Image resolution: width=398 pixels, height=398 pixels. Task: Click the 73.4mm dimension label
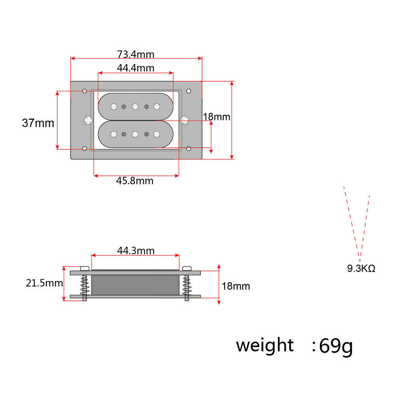(x=136, y=54)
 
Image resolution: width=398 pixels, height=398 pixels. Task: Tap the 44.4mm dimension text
(x=136, y=68)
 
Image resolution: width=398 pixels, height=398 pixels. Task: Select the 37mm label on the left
(x=38, y=123)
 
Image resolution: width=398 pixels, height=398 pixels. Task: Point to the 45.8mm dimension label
(x=135, y=181)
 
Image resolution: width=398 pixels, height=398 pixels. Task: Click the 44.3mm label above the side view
(x=136, y=251)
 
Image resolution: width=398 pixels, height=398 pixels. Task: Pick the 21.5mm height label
(x=44, y=283)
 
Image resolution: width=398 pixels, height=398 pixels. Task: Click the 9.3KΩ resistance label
(x=361, y=268)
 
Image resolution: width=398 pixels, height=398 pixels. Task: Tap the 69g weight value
(x=336, y=346)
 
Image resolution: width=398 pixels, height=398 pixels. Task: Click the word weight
(x=265, y=346)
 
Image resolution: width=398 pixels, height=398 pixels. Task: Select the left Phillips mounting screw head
(x=88, y=120)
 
